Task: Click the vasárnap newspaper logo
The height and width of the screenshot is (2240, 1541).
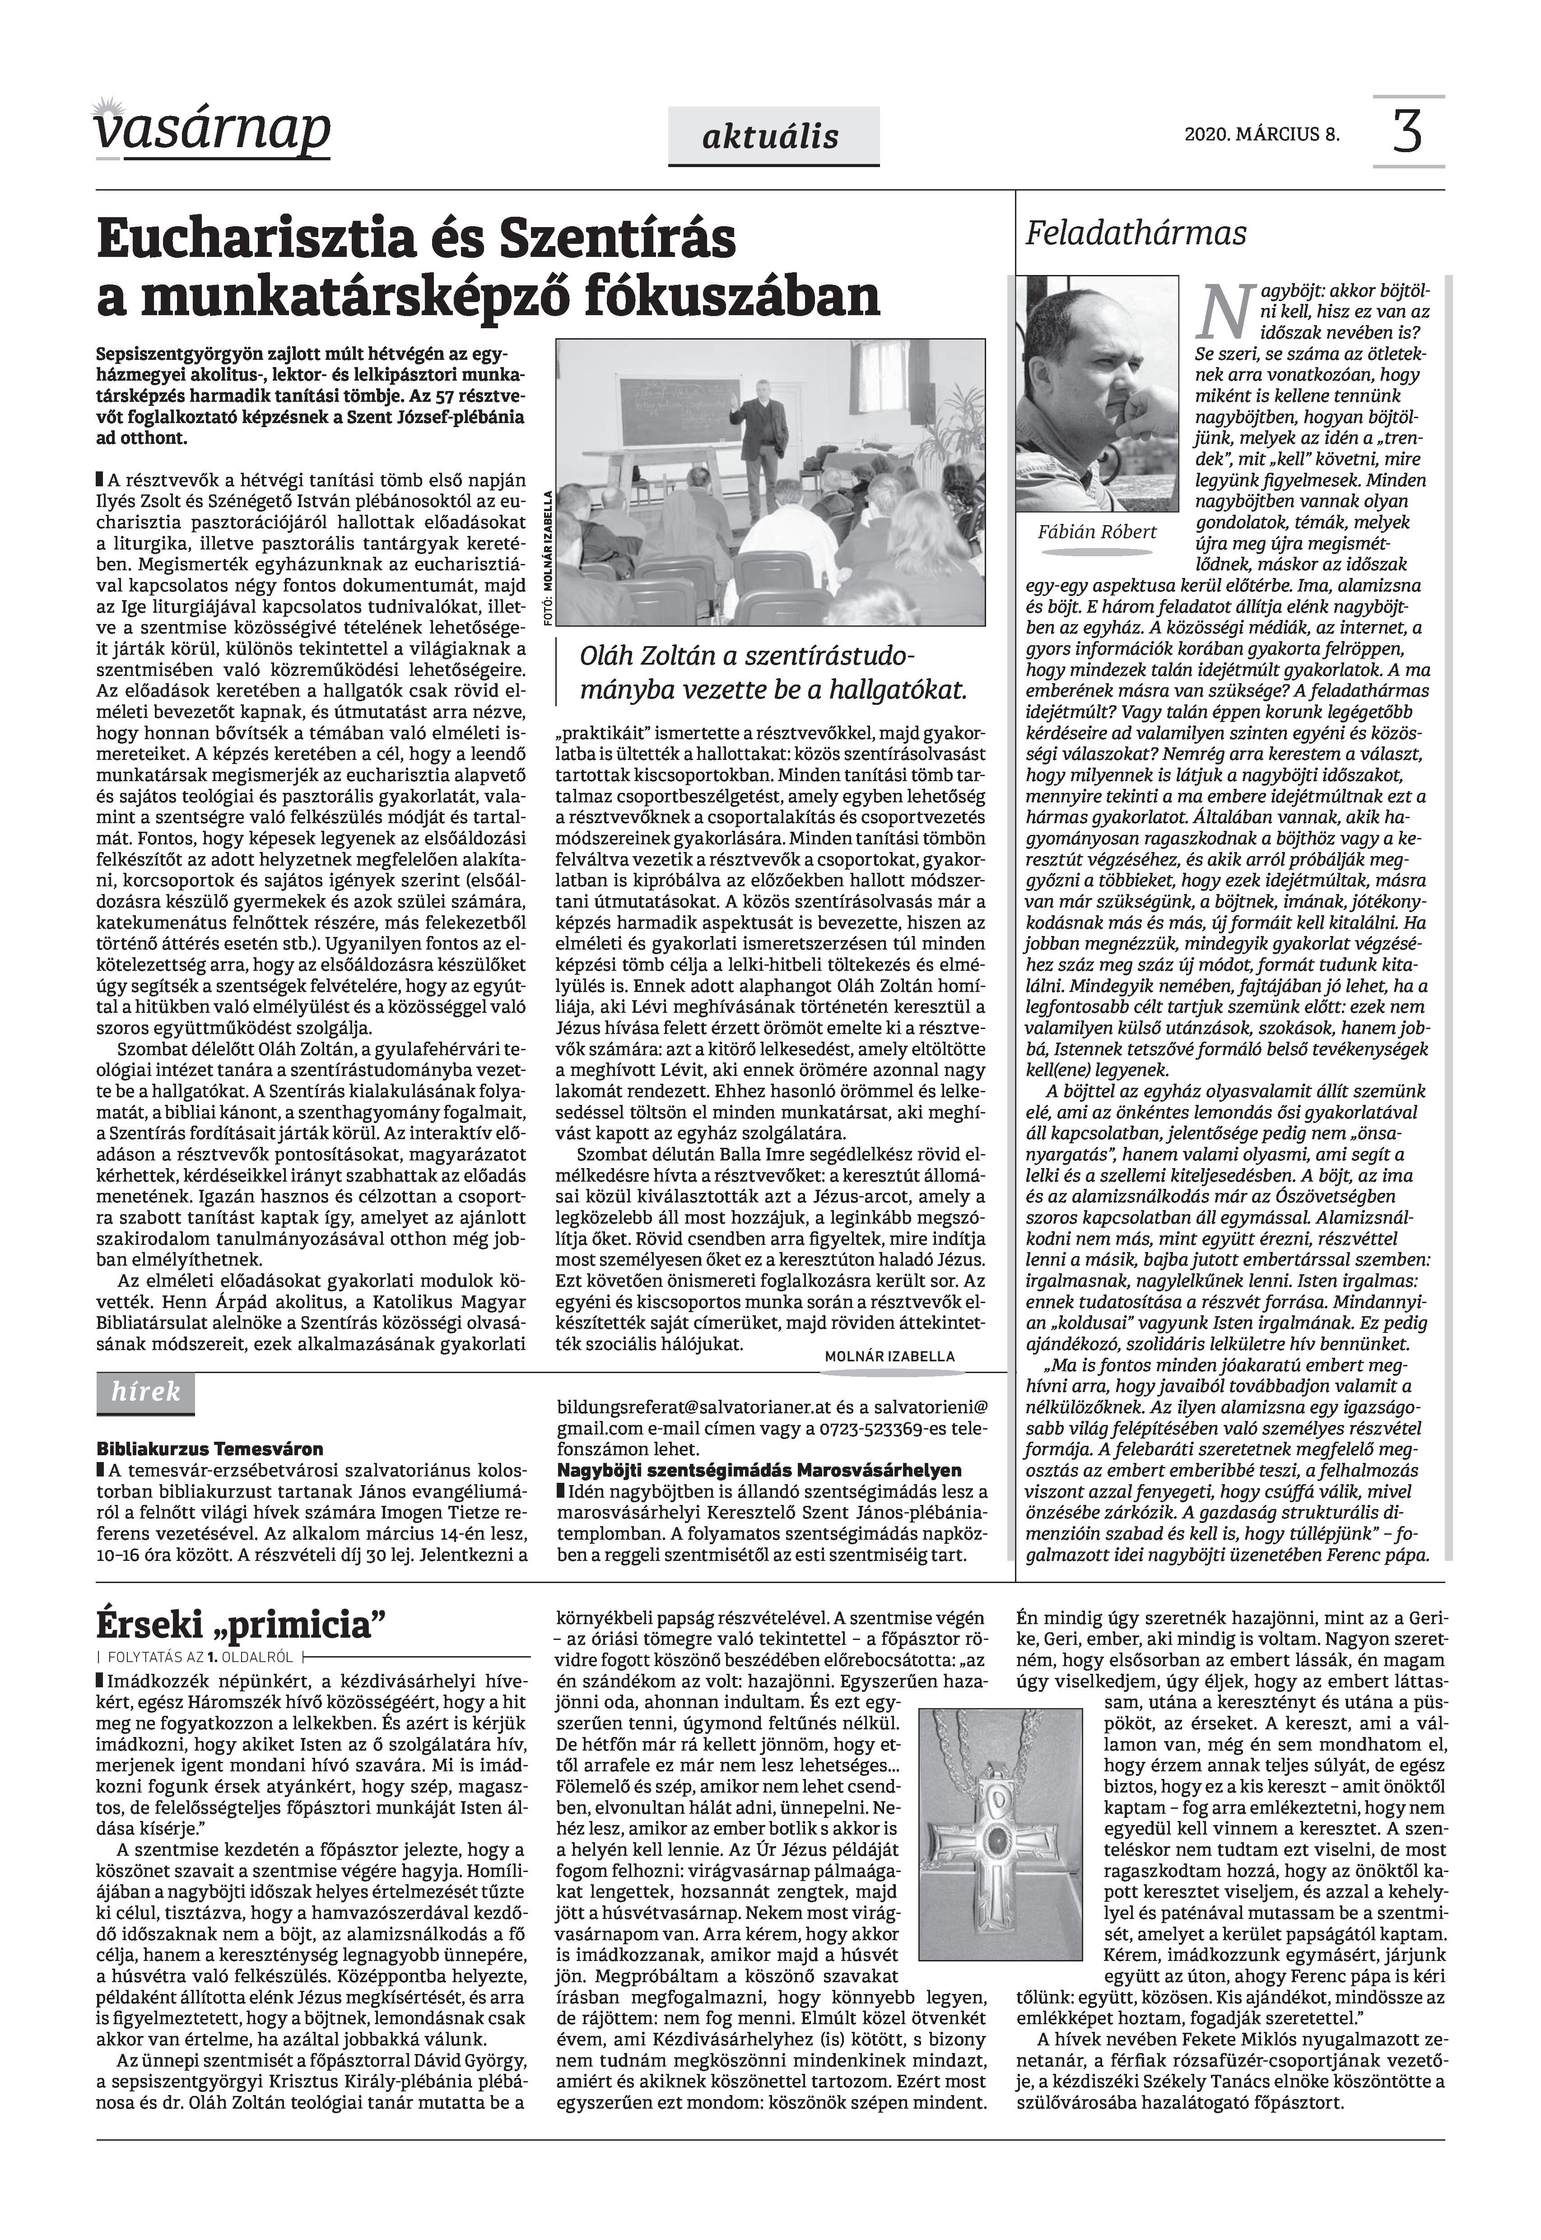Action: pyautogui.click(x=212, y=130)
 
